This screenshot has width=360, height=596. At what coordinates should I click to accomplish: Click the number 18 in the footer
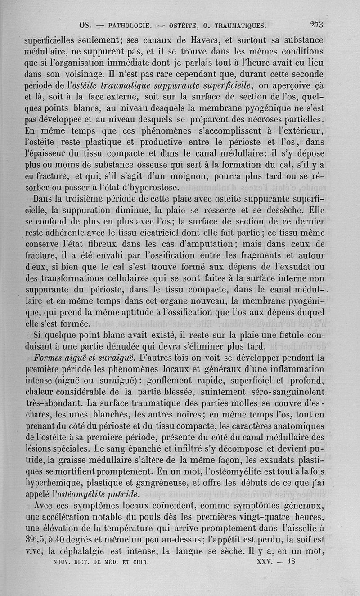292,561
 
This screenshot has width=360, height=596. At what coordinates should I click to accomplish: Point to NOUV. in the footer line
58,562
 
